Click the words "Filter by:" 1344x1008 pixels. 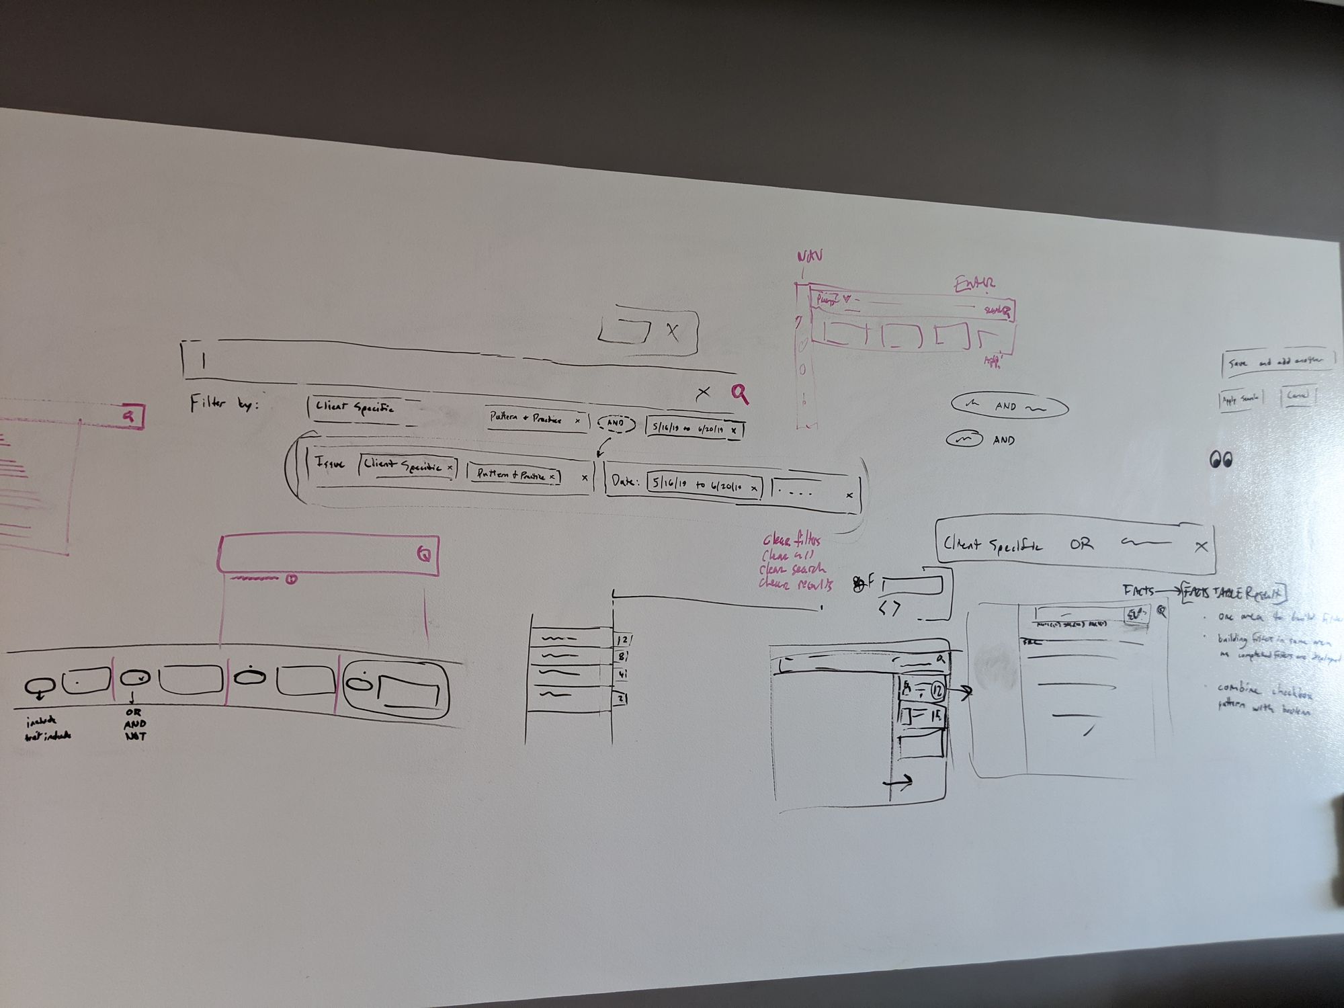click(x=224, y=404)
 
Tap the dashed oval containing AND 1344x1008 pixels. click(x=616, y=423)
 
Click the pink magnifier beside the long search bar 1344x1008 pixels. click(x=740, y=394)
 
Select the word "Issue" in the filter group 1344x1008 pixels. click(x=329, y=463)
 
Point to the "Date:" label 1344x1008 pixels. click(x=624, y=481)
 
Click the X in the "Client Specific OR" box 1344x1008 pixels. click(x=1201, y=547)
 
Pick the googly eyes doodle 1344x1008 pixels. click(x=1221, y=460)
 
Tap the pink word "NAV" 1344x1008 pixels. click(x=809, y=256)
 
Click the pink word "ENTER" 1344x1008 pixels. click(x=975, y=284)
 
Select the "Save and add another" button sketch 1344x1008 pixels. click(x=1277, y=362)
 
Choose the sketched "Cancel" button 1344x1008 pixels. click(x=1298, y=396)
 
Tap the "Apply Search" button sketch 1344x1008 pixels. click(x=1241, y=399)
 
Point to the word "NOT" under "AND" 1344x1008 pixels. click(x=135, y=737)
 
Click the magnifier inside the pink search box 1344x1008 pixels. click(x=425, y=554)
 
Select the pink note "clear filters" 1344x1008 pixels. click(x=792, y=540)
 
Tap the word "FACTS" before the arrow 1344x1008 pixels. click(x=1138, y=591)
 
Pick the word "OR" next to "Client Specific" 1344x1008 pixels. click(x=1081, y=544)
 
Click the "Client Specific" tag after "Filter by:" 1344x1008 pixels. click(x=355, y=407)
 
